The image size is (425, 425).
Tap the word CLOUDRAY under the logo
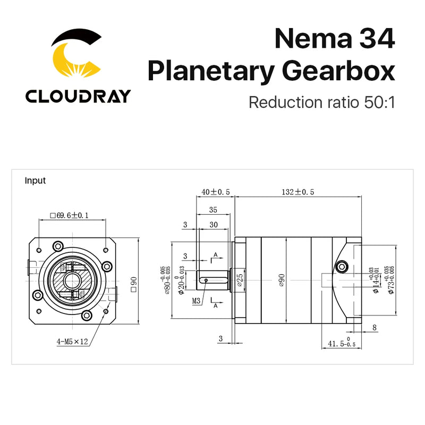[78, 96]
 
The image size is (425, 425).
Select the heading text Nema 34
[335, 40]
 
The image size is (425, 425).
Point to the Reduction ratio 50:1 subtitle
[322, 101]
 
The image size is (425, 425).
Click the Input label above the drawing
[35, 181]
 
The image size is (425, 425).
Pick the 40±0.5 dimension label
[215, 192]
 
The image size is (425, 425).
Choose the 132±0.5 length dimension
[297, 192]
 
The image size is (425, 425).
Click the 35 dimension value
[212, 209]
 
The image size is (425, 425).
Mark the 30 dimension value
[214, 225]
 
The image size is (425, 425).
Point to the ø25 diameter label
[240, 278]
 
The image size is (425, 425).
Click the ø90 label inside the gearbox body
[282, 278]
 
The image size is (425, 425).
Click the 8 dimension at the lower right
[375, 328]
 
